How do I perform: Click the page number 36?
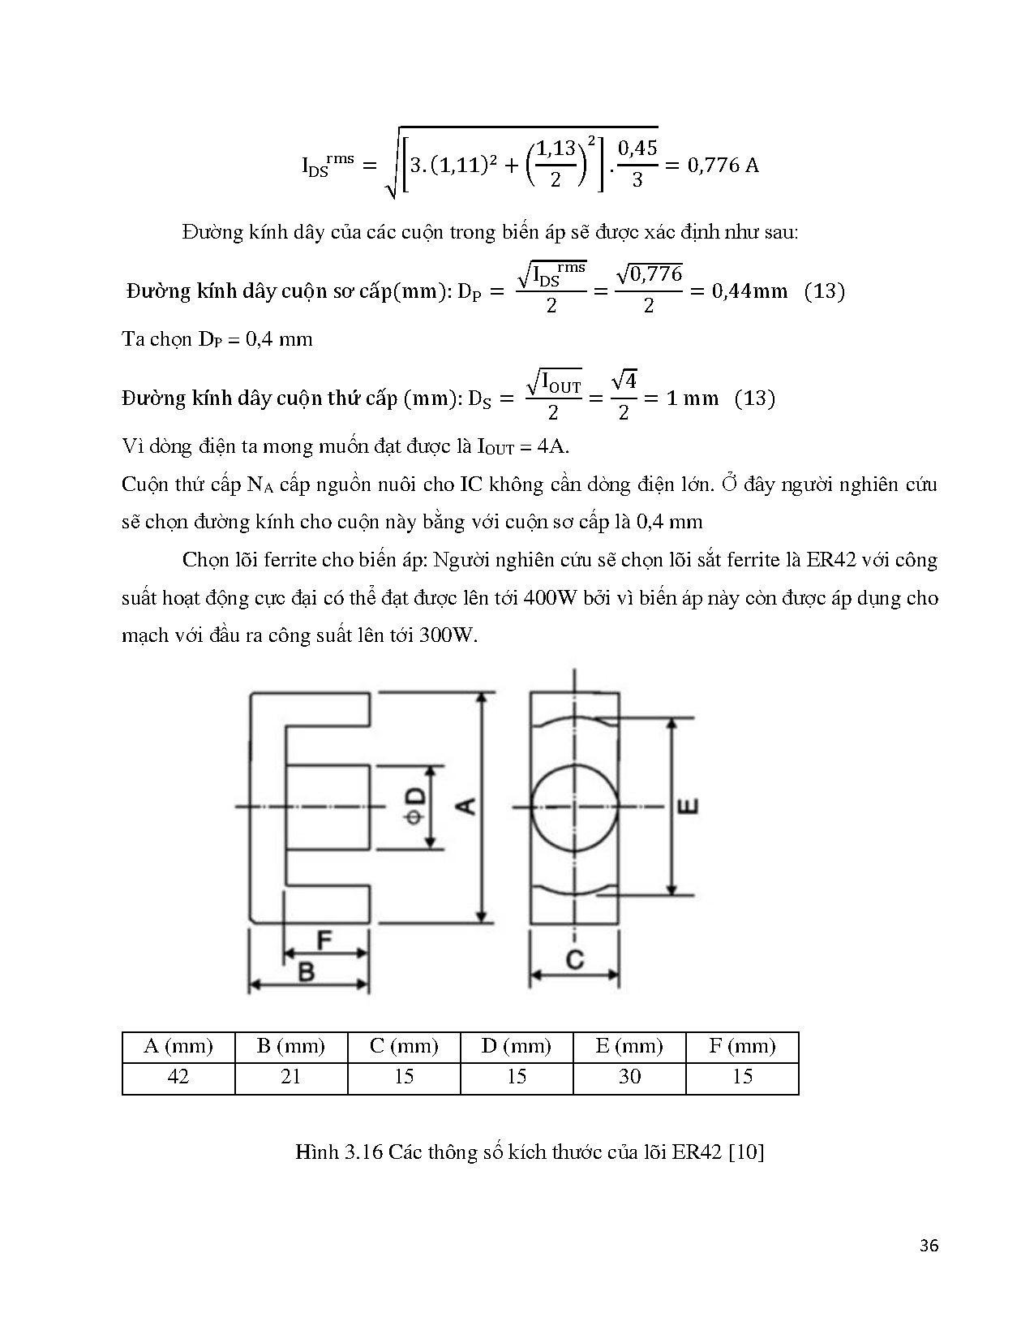point(929,1246)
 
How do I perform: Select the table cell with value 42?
point(178,1076)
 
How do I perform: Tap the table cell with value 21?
point(290,1076)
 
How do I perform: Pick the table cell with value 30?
point(629,1076)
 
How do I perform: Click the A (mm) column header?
point(178,1046)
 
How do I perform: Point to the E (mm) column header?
point(629,1046)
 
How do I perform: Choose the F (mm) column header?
point(742,1046)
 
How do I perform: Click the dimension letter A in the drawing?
point(466,806)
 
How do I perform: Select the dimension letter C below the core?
point(574,960)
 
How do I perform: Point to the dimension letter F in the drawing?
point(324,941)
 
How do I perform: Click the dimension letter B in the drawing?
point(307,971)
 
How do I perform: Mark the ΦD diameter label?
point(414,807)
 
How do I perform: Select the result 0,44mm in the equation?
point(749,291)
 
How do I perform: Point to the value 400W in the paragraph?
point(551,598)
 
